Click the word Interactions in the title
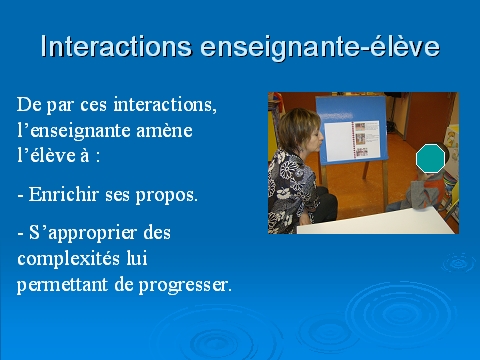[116, 46]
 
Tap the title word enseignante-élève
[320, 47]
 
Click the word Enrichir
[64, 194]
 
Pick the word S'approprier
[83, 233]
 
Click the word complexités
[69, 259]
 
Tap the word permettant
[62, 285]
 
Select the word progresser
[185, 286]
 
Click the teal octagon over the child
[430, 158]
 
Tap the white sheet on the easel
[338, 141]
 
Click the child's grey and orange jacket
[426, 192]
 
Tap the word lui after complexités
[137, 258]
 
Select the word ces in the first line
[93, 105]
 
